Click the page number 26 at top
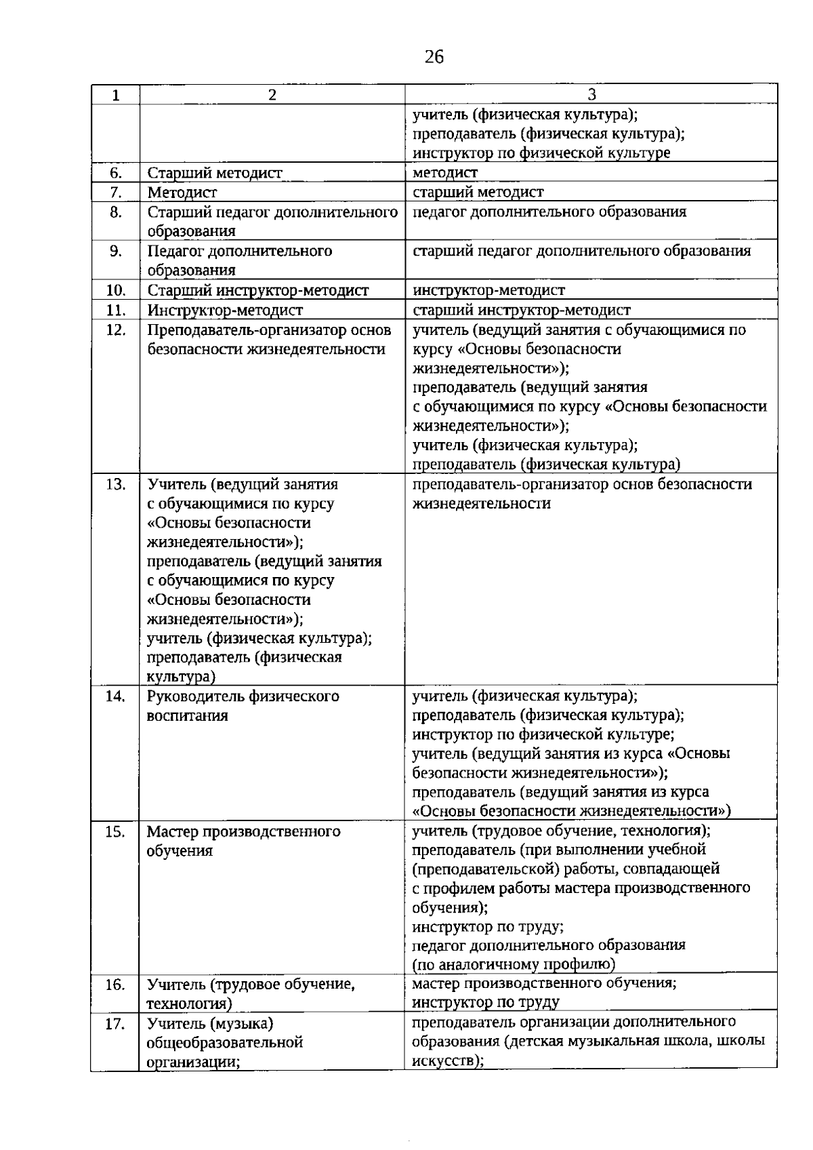click(x=434, y=58)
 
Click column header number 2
click(x=272, y=95)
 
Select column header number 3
click(x=591, y=95)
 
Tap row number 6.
click(x=115, y=173)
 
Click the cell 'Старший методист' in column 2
click(x=215, y=173)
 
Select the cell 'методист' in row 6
click(x=445, y=173)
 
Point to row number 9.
click(x=115, y=252)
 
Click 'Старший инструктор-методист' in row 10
click(x=258, y=291)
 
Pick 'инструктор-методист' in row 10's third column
click(x=488, y=291)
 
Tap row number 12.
click(x=116, y=330)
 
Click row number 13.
click(x=116, y=485)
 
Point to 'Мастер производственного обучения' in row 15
click(x=243, y=841)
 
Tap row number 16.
click(x=115, y=985)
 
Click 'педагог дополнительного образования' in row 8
click(x=549, y=212)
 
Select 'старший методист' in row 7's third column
click(x=478, y=193)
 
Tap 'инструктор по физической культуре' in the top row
click(x=541, y=153)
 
